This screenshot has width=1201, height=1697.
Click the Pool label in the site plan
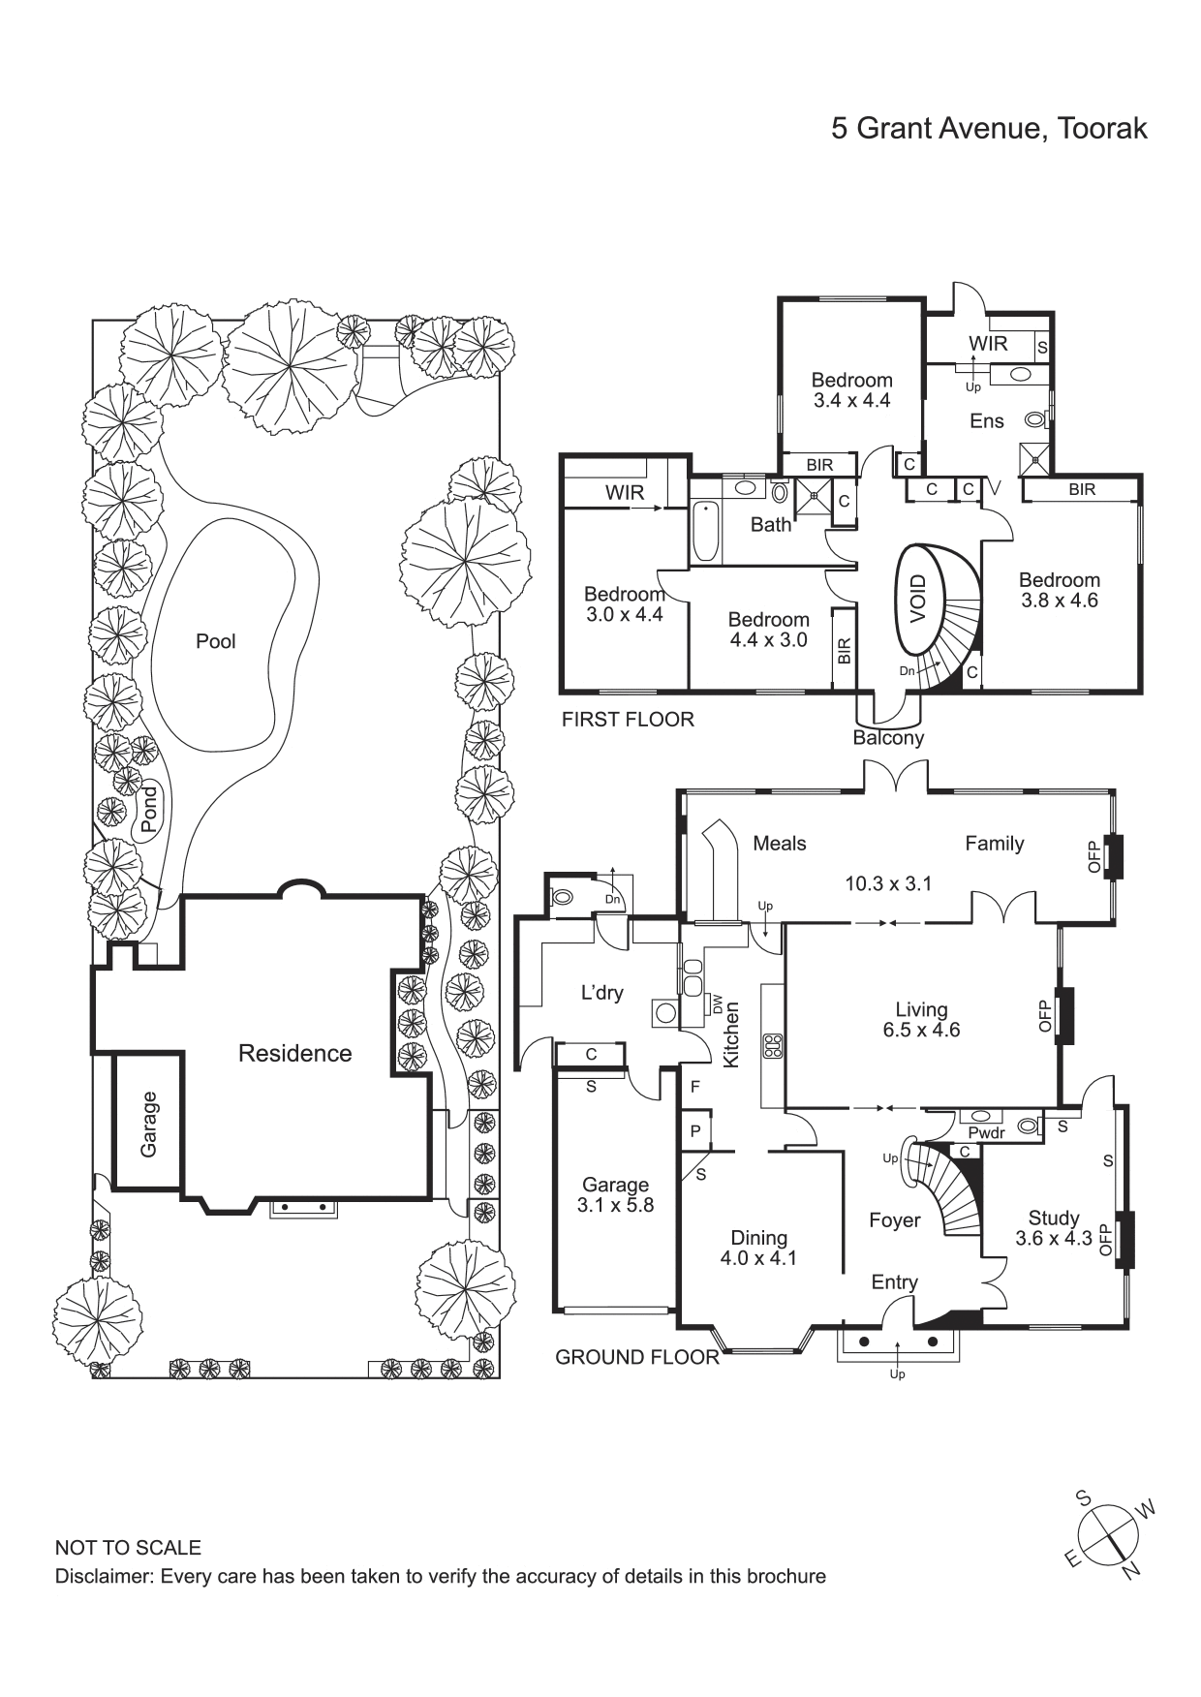click(216, 641)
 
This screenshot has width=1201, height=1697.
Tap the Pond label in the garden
click(148, 810)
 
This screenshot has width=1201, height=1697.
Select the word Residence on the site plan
click(295, 1054)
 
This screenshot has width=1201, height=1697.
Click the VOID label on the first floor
click(918, 599)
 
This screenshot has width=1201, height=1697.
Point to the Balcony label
click(888, 738)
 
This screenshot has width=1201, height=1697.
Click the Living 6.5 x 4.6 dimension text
click(921, 1020)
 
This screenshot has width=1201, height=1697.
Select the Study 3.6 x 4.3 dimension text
click(1054, 1228)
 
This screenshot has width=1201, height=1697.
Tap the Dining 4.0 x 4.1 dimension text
click(759, 1248)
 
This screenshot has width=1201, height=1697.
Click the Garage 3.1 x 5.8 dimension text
click(615, 1195)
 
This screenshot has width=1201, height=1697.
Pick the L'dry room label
click(601, 993)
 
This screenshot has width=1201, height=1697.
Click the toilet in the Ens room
click(1037, 420)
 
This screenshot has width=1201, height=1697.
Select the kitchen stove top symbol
click(773, 1045)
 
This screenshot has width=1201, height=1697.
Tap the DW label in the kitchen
click(718, 1004)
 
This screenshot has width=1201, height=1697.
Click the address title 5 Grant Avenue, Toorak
click(989, 129)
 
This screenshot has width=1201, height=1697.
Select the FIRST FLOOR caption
click(628, 720)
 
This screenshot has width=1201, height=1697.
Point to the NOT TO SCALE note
click(128, 1548)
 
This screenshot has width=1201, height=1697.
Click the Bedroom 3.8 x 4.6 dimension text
click(1059, 590)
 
